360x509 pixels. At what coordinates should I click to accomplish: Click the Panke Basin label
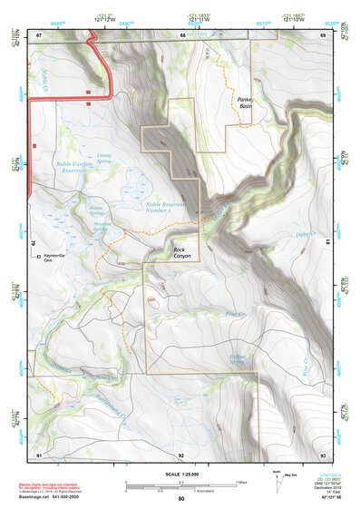point(245,103)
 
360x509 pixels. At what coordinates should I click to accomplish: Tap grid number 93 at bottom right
point(322,454)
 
